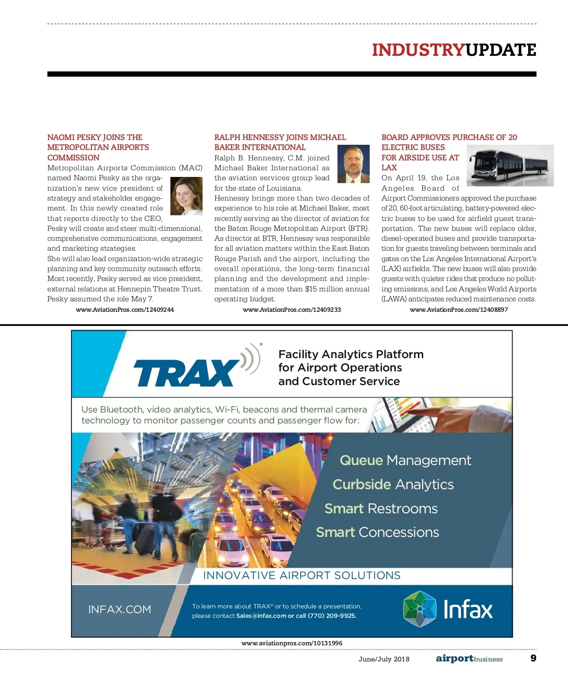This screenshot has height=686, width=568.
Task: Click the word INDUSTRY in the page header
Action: tap(418, 50)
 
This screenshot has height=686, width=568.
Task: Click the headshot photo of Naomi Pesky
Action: tap(186, 196)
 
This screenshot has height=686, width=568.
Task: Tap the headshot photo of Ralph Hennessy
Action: tap(353, 164)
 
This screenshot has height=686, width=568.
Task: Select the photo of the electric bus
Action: tap(510, 166)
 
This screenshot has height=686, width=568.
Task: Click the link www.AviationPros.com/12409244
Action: tap(125, 309)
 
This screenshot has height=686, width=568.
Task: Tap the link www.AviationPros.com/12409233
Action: tap(292, 309)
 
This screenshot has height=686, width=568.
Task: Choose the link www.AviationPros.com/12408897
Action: tap(459, 309)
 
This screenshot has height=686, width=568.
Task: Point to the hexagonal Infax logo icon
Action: tap(419, 609)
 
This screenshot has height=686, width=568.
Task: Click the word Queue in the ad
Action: tap(361, 460)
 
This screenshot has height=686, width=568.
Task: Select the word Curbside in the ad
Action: tap(362, 484)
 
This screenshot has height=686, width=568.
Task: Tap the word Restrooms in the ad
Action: tap(402, 509)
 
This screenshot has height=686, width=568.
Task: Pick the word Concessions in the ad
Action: tap(399, 532)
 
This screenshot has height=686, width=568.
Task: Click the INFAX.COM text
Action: tap(120, 609)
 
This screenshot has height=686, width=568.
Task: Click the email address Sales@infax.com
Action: tap(261, 616)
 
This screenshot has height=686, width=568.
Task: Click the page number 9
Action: tap(533, 658)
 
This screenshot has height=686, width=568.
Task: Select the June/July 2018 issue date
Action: tap(384, 659)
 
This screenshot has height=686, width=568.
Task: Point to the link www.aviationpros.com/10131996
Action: tap(292, 643)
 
